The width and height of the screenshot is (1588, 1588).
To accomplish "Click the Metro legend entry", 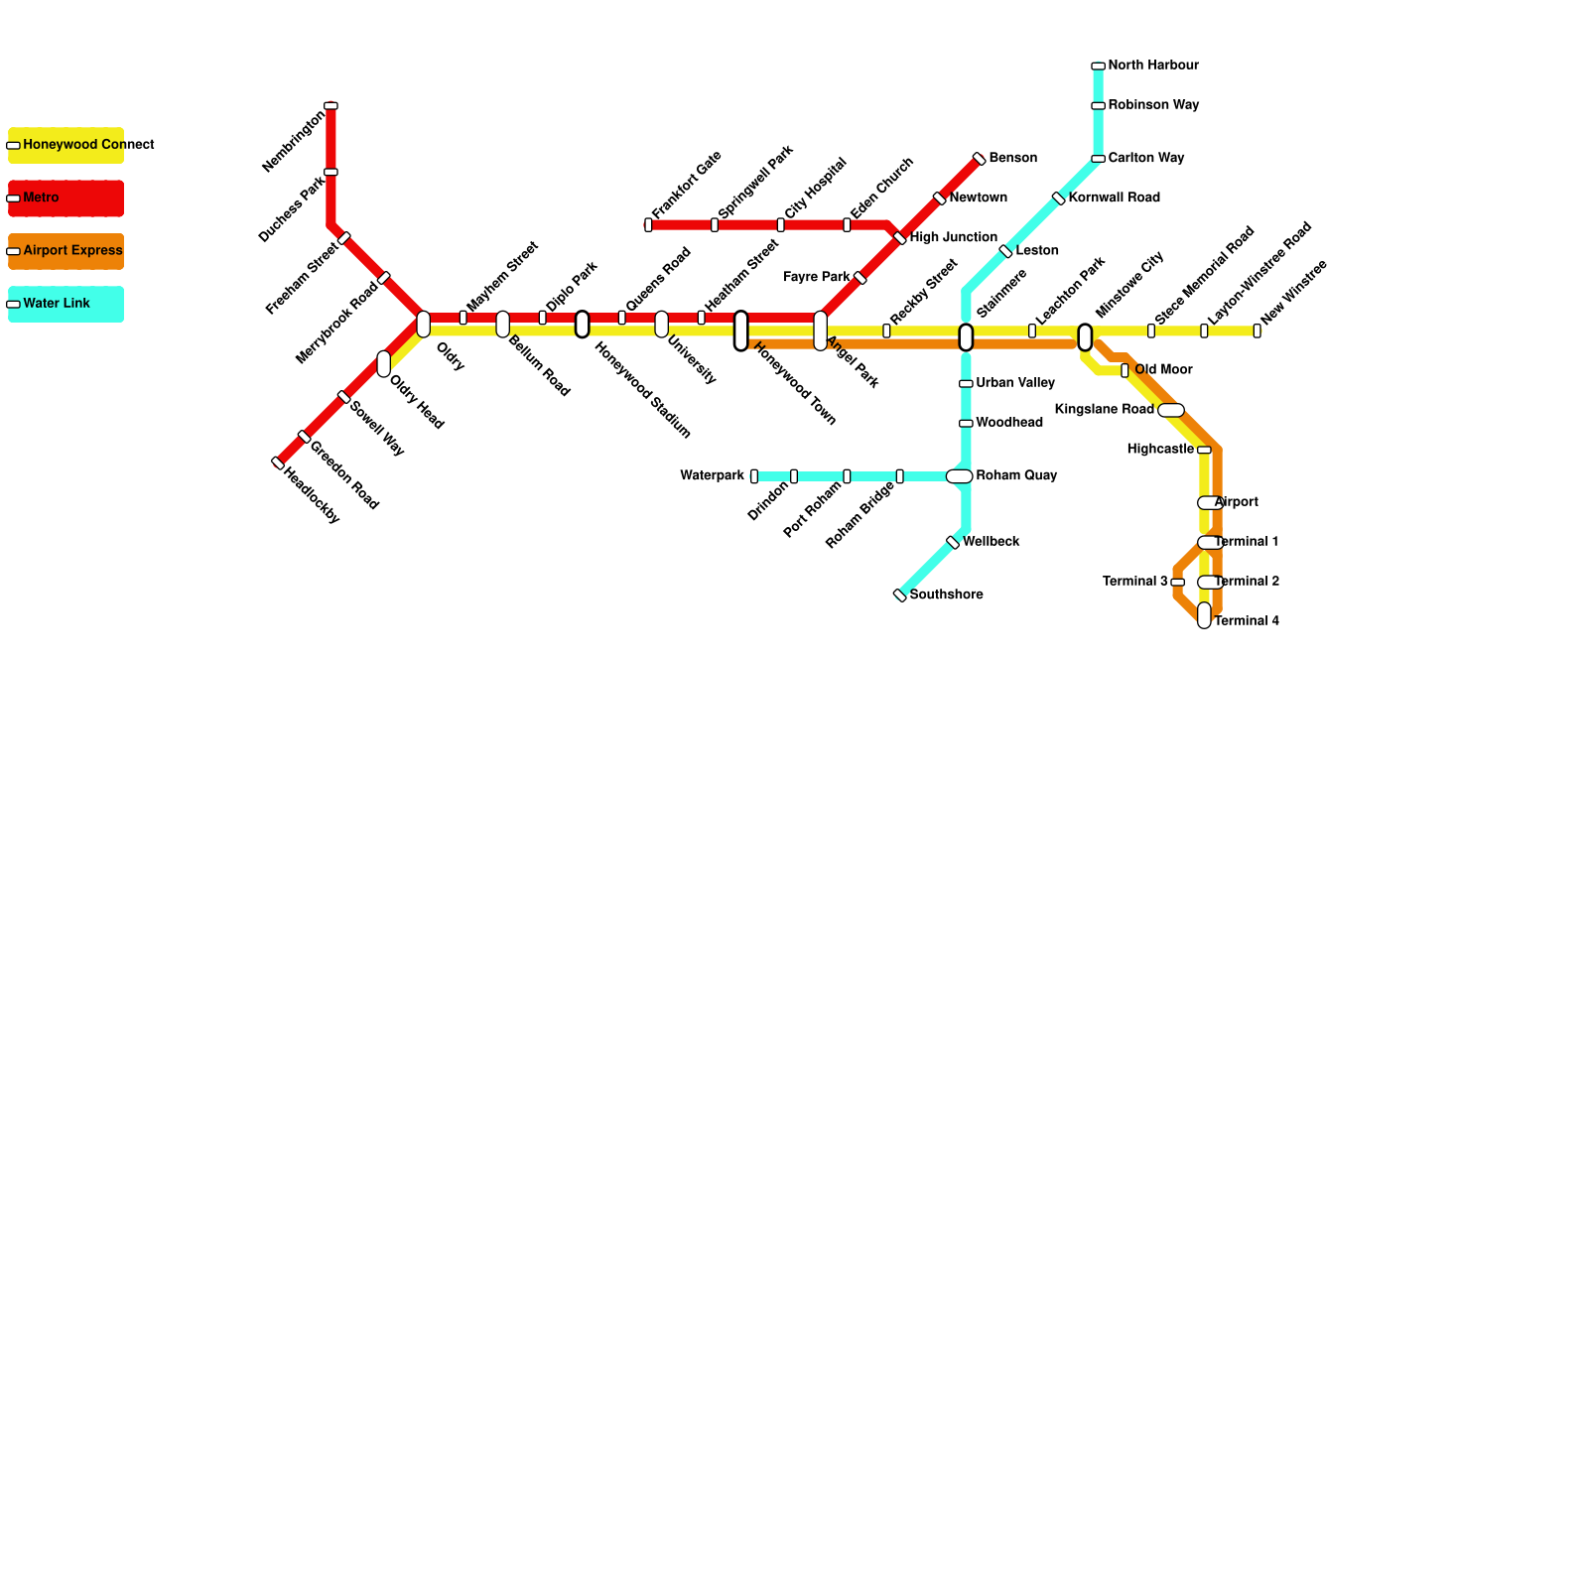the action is coord(66,198).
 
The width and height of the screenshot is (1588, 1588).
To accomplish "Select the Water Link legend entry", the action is coord(66,304).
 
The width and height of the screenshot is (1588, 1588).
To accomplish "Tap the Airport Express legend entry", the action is coord(66,251).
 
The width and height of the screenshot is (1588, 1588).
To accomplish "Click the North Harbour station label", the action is coord(1152,66).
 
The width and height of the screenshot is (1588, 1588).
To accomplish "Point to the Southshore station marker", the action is coord(900,595).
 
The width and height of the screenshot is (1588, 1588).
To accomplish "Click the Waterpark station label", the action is coord(712,476).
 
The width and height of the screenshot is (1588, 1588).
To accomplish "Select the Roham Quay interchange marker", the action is coord(959,476).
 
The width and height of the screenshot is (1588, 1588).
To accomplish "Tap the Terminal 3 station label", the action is coord(1134,582).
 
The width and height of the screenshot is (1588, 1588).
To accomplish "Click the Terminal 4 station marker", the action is coord(1204,615).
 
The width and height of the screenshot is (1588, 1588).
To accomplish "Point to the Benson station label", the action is coord(1012,159).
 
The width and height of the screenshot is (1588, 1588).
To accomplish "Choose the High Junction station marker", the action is coord(900,238).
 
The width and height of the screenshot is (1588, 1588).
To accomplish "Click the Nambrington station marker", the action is coord(331,105).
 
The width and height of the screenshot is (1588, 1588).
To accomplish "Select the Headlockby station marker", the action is coord(278,463).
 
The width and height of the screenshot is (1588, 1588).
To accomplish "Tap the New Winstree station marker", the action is coord(1257,331).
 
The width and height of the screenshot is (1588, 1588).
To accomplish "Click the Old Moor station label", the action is coord(1163,370).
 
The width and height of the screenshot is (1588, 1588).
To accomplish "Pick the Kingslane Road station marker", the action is coord(1171,410).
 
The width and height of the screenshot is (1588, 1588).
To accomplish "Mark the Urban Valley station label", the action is coord(1014,383).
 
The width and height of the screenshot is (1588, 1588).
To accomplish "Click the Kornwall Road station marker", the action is coord(1059,198).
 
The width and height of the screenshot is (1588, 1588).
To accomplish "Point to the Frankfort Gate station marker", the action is coord(648,225).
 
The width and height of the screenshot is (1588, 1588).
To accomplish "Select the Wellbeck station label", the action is coord(991,542).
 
